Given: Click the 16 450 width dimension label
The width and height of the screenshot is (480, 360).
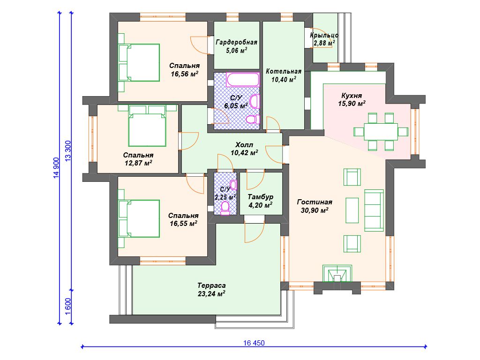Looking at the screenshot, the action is tap(254, 343).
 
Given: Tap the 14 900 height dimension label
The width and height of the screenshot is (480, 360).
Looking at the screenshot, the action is tap(56, 168).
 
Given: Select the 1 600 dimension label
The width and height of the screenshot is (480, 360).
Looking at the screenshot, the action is tap(68, 307).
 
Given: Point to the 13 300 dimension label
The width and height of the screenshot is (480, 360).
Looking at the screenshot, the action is tap(68, 150).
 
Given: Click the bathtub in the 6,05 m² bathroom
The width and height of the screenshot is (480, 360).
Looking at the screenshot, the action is tap(243, 80).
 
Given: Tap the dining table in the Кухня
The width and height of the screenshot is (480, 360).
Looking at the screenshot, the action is tap(381, 132).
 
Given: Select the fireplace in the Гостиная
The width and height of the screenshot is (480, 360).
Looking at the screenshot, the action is tap(337, 274).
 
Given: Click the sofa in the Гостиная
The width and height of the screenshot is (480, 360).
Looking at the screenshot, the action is tap(374, 210).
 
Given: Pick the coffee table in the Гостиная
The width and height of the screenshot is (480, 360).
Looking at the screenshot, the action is tap(352, 210).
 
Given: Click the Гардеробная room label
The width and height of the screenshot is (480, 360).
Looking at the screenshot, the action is tap(236, 42).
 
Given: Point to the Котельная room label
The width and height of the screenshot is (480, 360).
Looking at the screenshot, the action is tap(284, 71).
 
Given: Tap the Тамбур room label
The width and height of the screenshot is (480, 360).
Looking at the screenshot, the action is tap(261, 197).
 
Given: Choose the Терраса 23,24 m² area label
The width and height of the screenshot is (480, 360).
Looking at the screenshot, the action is tap(211, 290).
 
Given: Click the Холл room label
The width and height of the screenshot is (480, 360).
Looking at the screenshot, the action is tap(244, 145).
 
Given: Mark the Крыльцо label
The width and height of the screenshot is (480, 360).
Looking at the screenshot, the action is tap(324, 35).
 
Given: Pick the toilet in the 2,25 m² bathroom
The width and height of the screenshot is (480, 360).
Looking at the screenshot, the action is tap(225, 207).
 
